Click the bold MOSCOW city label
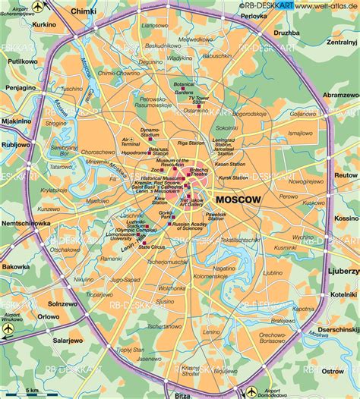tap(238, 199)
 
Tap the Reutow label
tap(345, 175)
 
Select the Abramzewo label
tap(340, 95)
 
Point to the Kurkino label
tap(23, 25)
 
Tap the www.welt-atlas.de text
tap(327, 6)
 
